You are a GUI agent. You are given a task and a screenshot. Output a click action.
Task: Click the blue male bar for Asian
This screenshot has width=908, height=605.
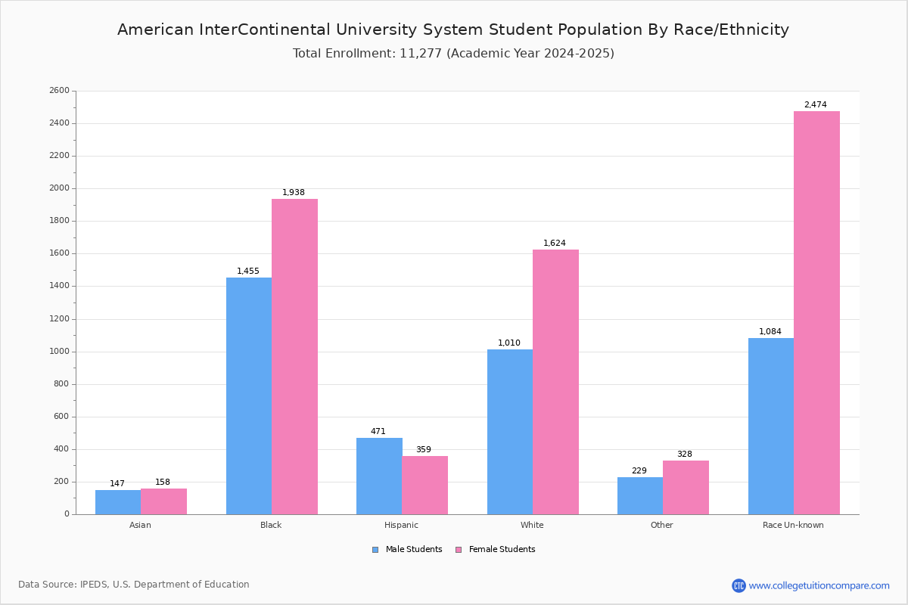pos(118,502)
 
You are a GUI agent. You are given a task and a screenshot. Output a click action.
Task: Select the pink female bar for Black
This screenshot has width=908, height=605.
pos(294,357)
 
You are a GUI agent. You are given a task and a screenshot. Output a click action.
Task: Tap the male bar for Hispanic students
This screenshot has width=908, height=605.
pos(379,476)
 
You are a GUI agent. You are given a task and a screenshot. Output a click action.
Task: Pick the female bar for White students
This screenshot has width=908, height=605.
pos(555,382)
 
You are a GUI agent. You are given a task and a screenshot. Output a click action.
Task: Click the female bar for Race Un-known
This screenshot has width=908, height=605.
pos(816,313)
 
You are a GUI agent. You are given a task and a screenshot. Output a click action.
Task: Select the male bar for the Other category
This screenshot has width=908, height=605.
pos(640,495)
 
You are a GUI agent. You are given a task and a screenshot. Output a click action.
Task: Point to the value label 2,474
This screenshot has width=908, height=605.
pos(816,104)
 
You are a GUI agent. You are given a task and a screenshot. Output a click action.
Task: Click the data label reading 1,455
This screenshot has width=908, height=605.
pos(248,271)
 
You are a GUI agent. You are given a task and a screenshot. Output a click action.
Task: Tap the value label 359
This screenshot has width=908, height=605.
pos(424,449)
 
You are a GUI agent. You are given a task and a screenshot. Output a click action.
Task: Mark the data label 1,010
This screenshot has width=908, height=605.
pos(509,343)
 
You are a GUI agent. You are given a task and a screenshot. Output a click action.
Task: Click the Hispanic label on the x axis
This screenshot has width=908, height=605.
pos(401,525)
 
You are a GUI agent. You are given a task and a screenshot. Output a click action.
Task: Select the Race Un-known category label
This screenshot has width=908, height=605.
pos(793,525)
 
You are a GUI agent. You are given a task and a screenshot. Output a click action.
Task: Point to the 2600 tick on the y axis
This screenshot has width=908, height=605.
pos(60,90)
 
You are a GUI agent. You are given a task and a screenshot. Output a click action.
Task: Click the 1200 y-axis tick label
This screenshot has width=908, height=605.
pos(60,319)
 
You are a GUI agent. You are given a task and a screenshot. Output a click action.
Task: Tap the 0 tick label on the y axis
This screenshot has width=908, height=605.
pos(67,513)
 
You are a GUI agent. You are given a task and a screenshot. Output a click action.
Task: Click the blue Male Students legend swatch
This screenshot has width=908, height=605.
pos(375,550)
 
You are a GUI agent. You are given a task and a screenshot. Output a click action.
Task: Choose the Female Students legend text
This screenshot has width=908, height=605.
pos(502,549)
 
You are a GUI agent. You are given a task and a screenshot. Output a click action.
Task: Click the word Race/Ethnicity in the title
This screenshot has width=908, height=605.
pos(731,29)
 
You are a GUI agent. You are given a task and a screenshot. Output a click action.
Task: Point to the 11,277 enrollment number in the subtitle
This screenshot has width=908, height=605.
pos(421,53)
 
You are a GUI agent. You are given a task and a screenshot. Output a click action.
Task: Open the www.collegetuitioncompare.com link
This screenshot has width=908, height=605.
pos(819,585)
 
